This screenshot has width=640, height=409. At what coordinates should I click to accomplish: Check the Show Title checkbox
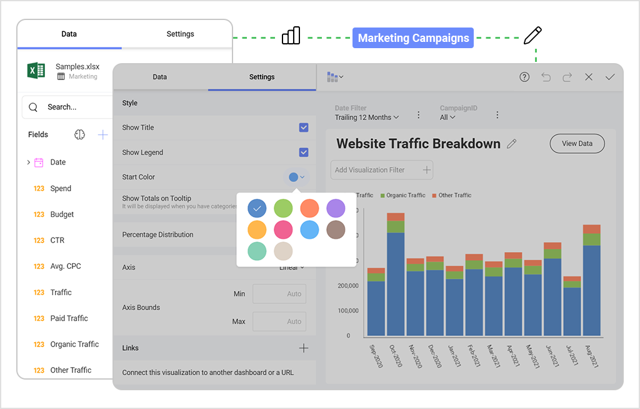click(304, 128)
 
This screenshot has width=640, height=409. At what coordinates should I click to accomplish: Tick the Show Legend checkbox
click(304, 153)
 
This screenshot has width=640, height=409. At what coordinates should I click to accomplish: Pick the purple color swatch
click(336, 208)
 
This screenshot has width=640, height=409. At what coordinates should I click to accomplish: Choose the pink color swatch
click(283, 230)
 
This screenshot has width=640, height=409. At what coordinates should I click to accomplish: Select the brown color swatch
click(336, 230)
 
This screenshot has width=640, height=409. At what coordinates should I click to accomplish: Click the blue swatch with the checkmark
click(257, 208)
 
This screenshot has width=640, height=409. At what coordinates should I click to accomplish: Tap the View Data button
click(577, 143)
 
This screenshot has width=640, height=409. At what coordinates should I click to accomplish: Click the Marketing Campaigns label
click(413, 38)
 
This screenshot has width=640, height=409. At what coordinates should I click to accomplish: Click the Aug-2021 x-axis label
click(591, 357)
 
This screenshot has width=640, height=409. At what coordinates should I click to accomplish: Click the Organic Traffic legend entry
click(406, 195)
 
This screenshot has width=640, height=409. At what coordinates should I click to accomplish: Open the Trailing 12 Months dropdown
click(367, 118)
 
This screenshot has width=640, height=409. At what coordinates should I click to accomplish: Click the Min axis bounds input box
click(279, 294)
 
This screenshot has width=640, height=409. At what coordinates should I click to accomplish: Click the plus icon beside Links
click(304, 348)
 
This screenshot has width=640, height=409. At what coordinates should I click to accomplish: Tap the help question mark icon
click(524, 77)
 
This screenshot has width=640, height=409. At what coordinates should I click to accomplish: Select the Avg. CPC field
click(66, 266)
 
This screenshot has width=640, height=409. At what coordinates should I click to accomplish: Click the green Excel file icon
click(36, 70)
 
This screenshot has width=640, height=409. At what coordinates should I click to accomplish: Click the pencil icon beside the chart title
click(512, 144)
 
